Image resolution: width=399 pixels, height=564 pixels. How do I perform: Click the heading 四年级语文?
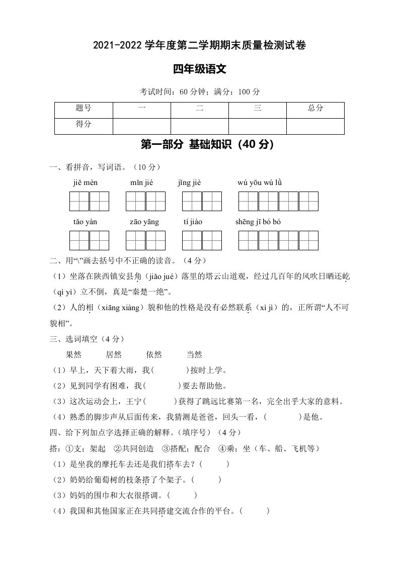[x=199, y=70]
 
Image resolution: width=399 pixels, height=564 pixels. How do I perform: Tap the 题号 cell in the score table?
[x=84, y=108]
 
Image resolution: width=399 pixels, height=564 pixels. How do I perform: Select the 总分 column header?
[x=315, y=108]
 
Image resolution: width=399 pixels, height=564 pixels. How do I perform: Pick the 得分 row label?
[x=84, y=124]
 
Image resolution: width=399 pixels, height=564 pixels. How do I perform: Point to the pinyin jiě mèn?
[x=85, y=182]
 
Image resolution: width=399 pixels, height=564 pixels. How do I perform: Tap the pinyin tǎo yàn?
[x=85, y=222]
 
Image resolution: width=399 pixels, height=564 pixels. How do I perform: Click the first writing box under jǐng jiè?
[x=192, y=201]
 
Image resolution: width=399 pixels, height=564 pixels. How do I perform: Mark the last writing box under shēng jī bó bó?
[x=308, y=240]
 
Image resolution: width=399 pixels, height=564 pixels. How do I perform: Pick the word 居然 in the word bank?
[x=114, y=355]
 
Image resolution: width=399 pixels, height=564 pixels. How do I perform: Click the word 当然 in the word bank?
[x=194, y=355]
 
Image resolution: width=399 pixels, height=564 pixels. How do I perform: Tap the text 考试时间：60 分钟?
[x=170, y=92]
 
